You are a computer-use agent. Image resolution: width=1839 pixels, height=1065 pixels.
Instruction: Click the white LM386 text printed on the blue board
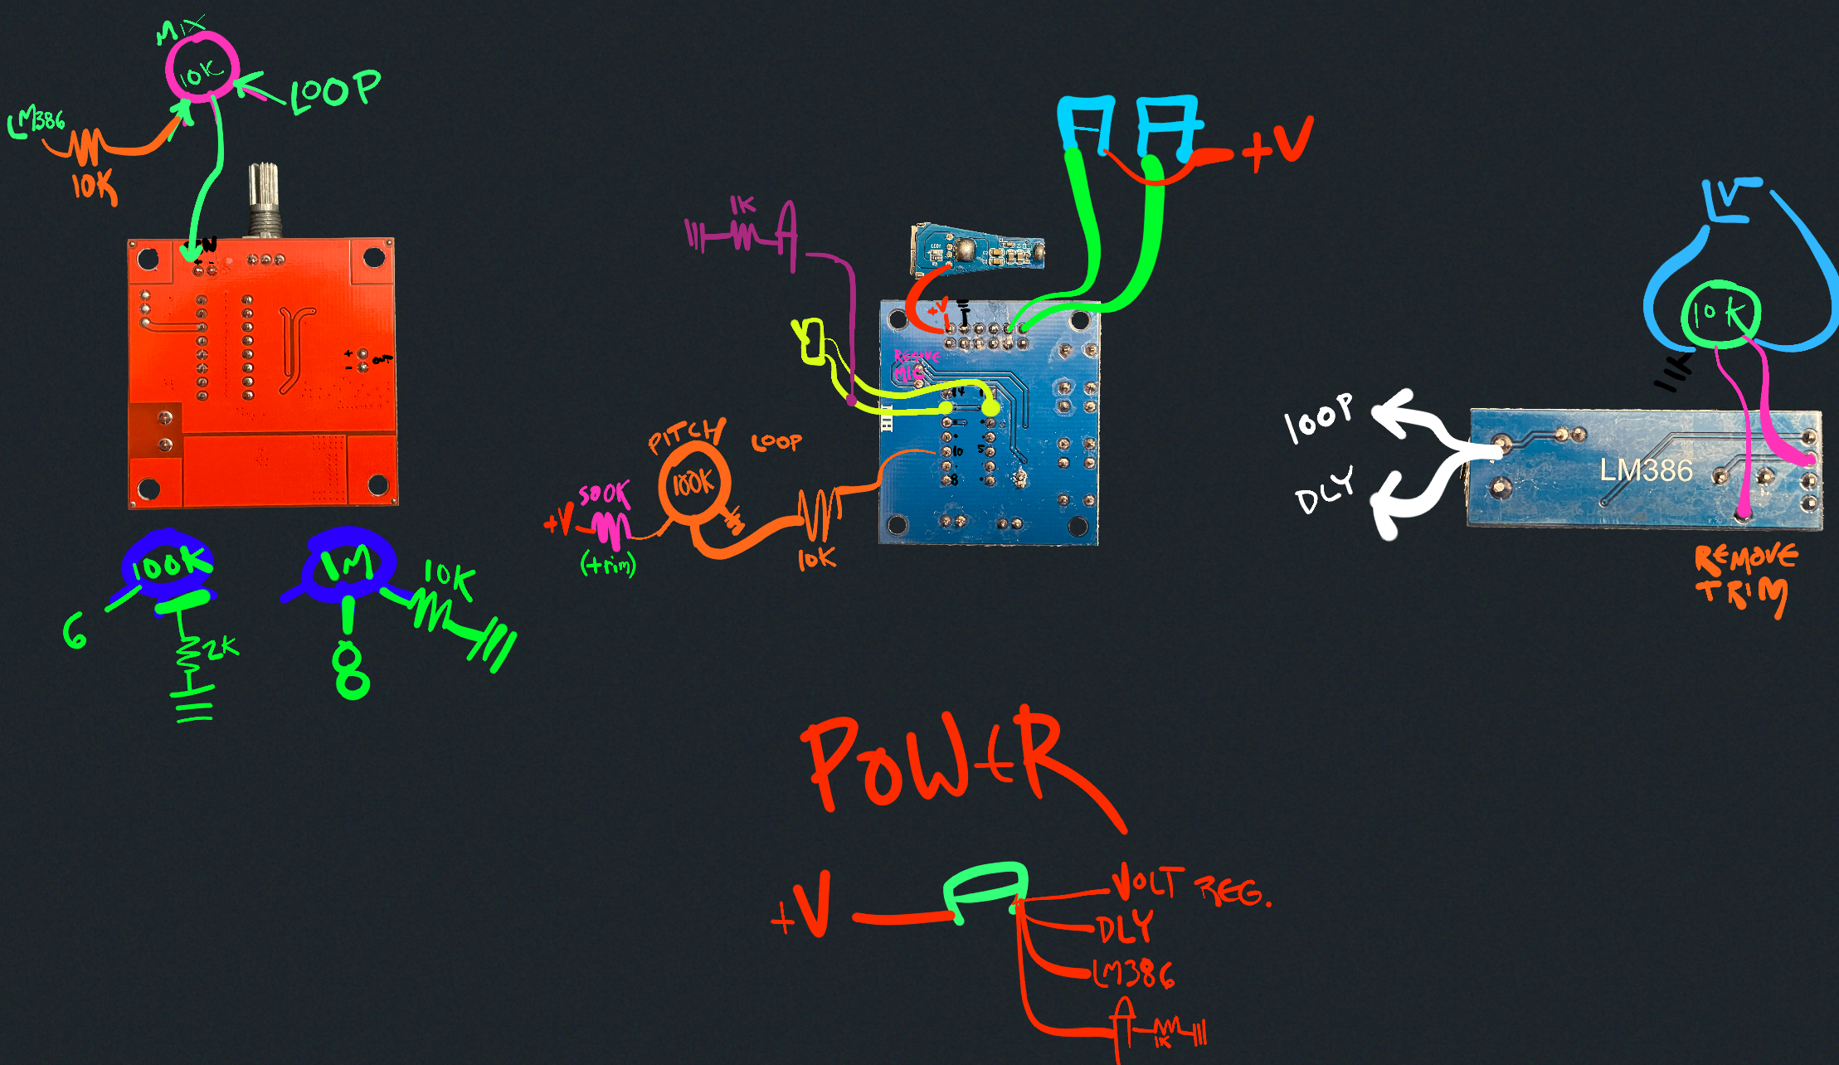(1646, 470)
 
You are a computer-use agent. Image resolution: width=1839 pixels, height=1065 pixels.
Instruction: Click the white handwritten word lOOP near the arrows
(1318, 417)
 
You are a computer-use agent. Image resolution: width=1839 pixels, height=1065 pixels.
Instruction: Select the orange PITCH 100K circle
(693, 482)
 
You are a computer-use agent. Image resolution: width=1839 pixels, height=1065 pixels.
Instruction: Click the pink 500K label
(604, 494)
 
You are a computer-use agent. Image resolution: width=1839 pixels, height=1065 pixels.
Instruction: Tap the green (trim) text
(608, 565)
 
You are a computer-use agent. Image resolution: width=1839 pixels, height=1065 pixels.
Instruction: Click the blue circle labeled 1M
(348, 564)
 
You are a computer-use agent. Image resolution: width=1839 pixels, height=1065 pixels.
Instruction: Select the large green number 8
(351, 672)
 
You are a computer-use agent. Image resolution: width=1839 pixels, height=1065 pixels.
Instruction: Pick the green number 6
(75, 631)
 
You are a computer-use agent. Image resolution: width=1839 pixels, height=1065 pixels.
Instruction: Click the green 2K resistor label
(220, 648)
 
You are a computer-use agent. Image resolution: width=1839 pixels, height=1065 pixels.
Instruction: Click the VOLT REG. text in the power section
(1190, 886)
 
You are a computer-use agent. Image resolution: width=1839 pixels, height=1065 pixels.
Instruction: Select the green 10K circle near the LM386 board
(1720, 314)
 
